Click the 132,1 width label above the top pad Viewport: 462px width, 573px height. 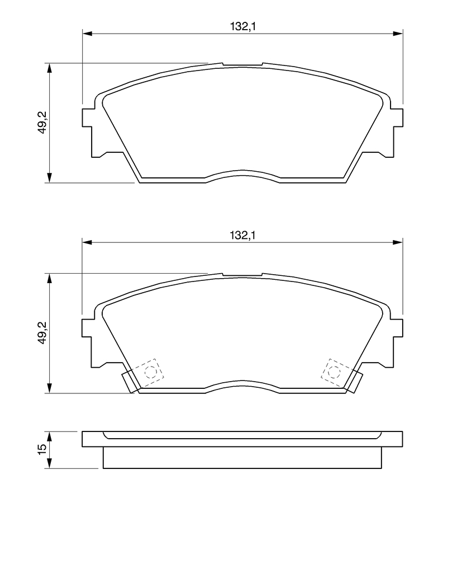click(x=242, y=26)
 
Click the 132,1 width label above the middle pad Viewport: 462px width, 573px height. click(x=242, y=236)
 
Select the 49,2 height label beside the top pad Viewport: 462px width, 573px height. click(x=42, y=122)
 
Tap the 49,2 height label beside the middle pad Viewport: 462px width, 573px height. click(x=42, y=332)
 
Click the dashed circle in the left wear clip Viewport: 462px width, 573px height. click(x=150, y=372)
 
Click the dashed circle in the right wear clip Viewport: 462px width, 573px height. click(x=334, y=372)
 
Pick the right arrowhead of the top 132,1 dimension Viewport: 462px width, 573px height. click(x=398, y=34)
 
